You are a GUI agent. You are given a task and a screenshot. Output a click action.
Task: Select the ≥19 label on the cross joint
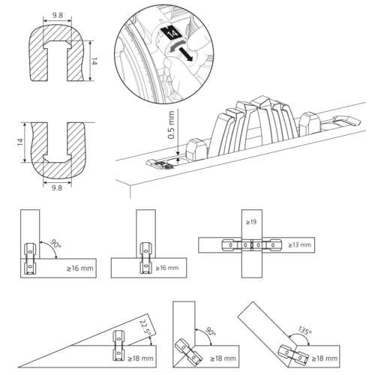(x=252, y=223)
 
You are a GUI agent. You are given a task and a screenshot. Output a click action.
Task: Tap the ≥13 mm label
(x=298, y=245)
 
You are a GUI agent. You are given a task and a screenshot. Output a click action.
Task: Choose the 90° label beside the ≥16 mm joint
(x=54, y=245)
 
